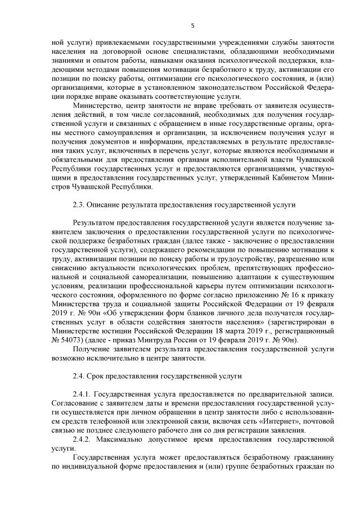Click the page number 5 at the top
click(x=192, y=25)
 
